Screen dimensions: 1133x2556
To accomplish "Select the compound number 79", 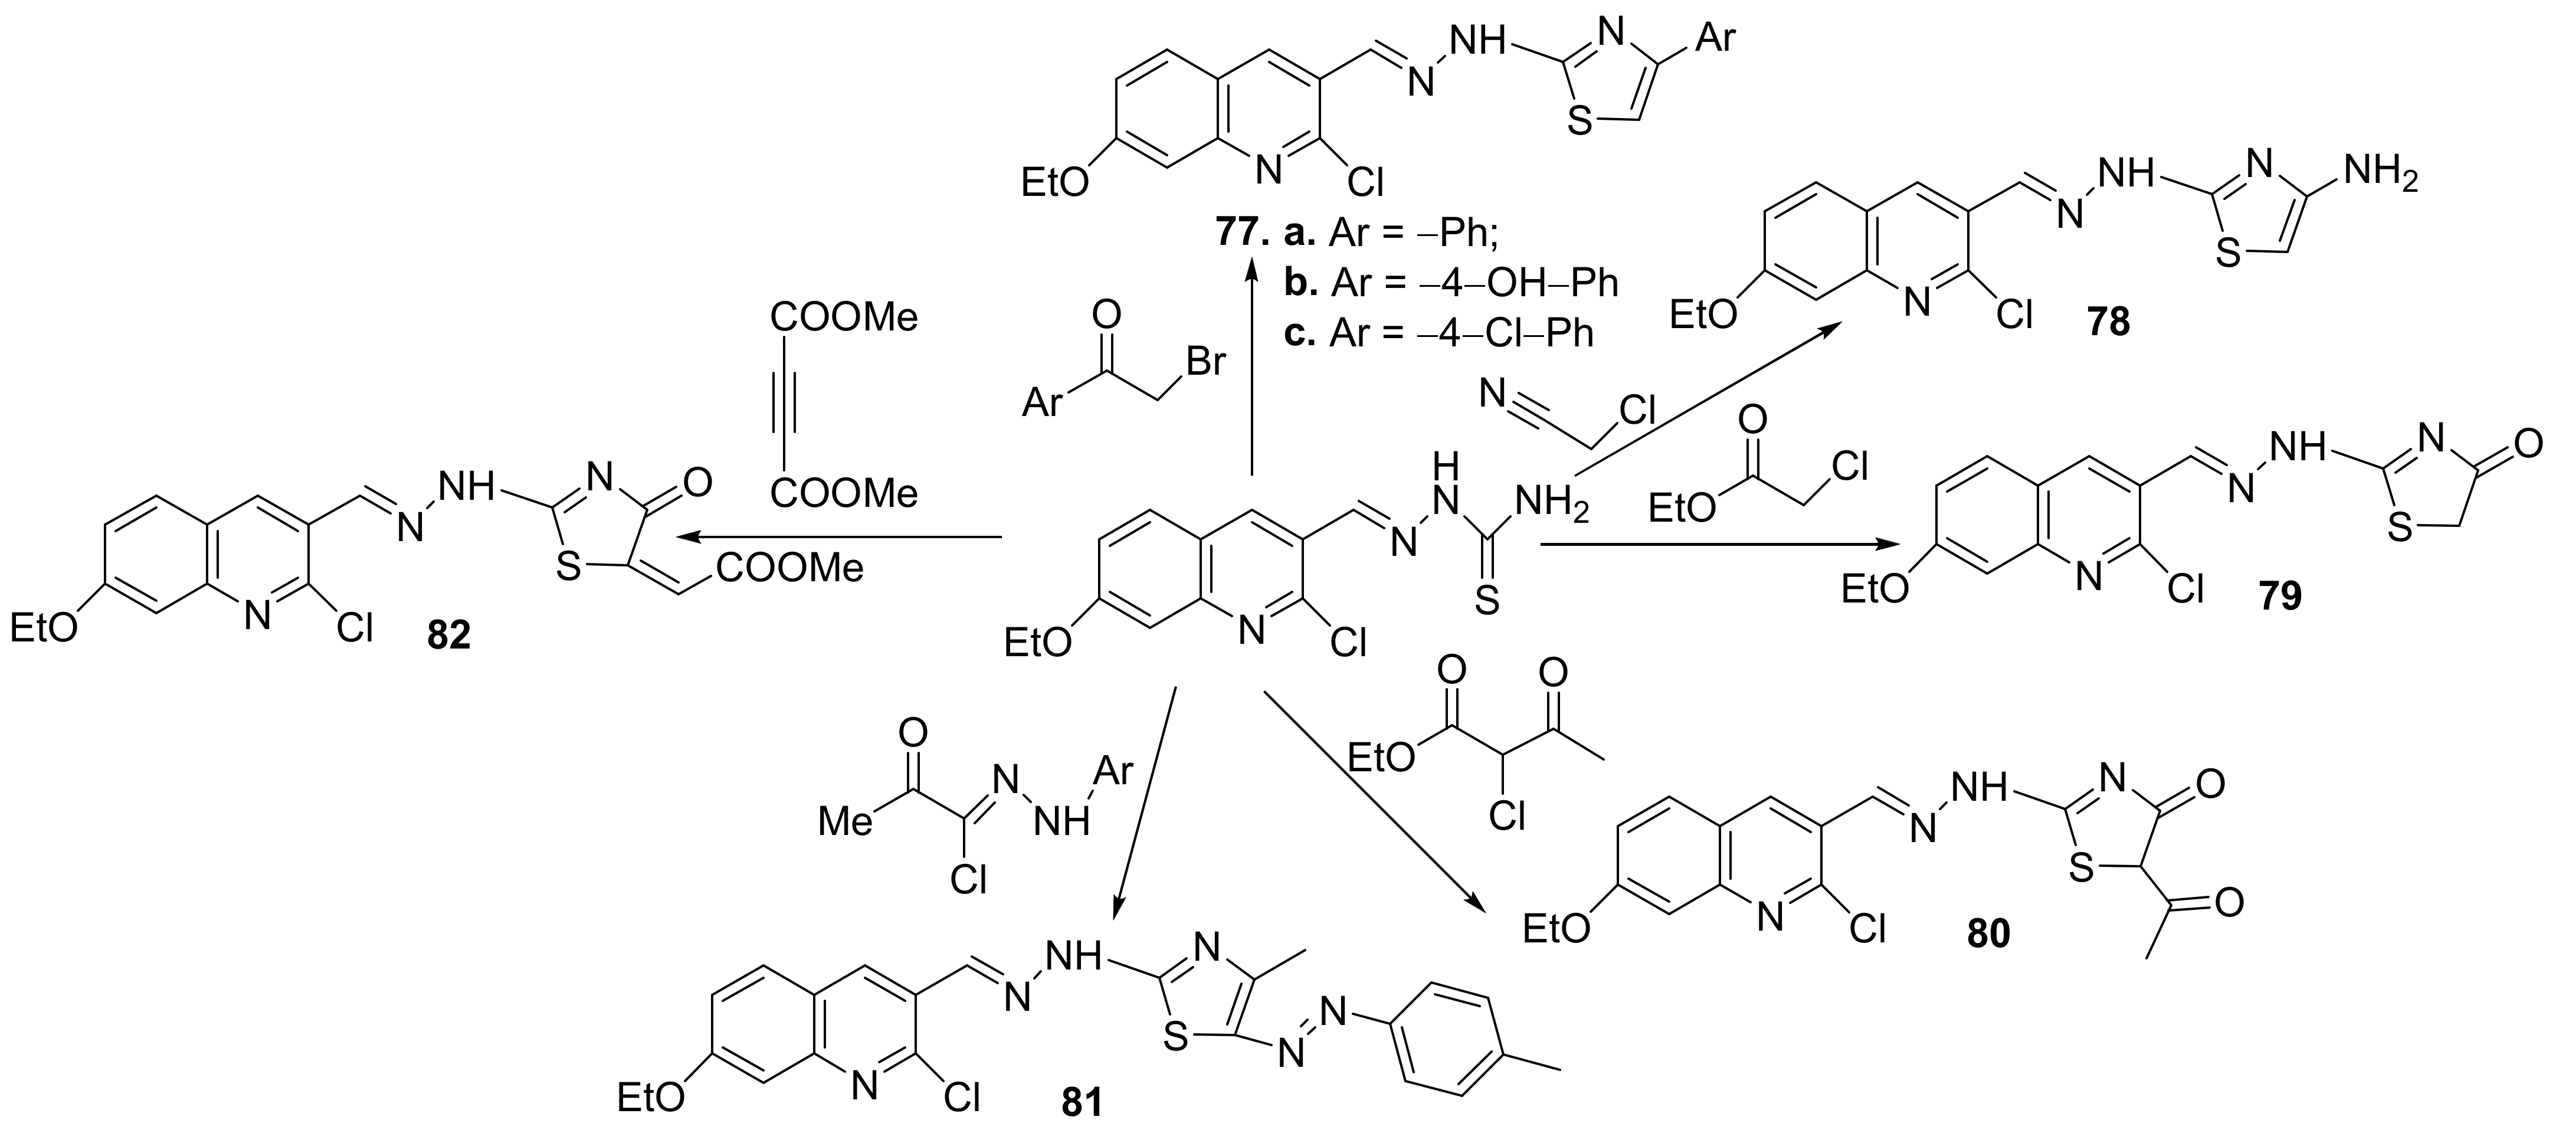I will [x=2279, y=596].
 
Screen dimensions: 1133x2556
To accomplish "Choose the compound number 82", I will [x=448, y=635].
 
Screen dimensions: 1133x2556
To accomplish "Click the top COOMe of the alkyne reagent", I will [x=844, y=317].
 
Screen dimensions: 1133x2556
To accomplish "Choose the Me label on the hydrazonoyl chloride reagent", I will [x=846, y=821].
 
